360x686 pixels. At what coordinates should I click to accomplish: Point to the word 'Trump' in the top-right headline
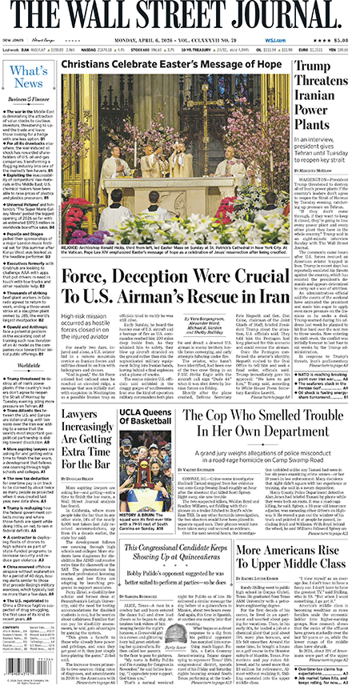tap(327, 70)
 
